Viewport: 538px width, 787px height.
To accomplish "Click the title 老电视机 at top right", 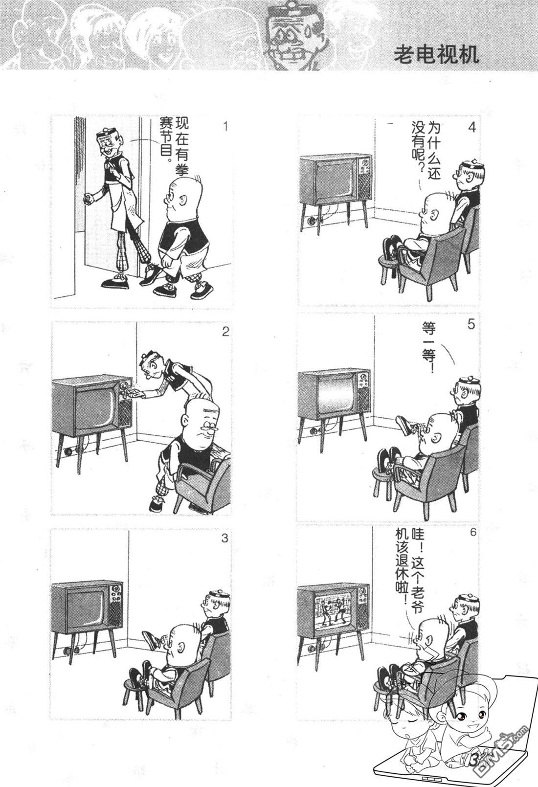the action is click(436, 55).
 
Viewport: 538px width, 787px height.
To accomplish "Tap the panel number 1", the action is click(225, 126).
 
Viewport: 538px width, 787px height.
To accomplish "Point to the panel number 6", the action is click(472, 532).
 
